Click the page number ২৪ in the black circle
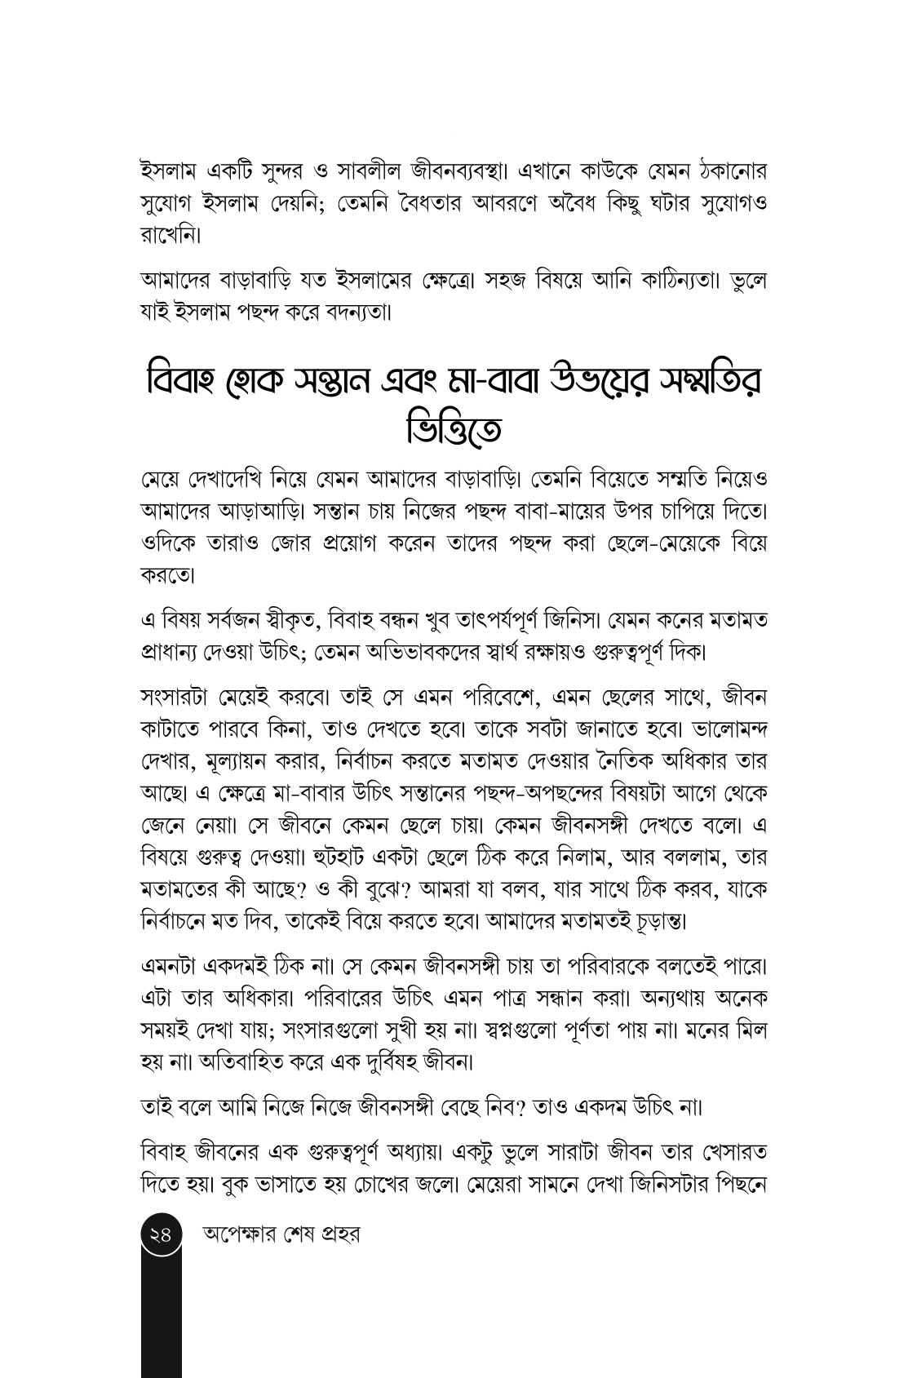click(x=161, y=1234)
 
